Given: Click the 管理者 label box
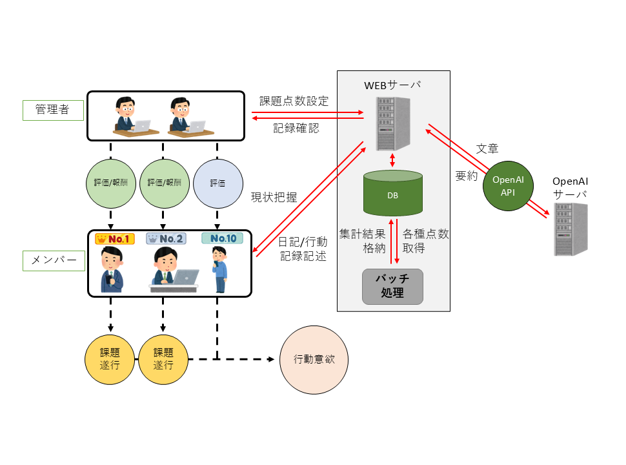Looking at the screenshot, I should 54,110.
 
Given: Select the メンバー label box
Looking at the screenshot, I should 54,260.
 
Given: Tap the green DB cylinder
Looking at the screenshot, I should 392,193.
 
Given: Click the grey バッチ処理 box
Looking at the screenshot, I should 392,286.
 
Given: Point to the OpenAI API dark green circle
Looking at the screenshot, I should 508,186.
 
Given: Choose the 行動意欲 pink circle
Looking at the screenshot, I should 312,360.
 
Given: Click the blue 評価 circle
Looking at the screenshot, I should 218,183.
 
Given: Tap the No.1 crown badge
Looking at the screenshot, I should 115,239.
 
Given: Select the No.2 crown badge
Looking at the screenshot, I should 166,239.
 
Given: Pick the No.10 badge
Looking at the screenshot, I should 223,239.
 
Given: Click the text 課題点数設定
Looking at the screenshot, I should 294,101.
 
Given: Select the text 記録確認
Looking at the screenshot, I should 296,128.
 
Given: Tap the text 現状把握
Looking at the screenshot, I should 274,198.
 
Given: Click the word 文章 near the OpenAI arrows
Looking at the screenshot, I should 487,149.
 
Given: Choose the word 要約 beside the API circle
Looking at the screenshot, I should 467,176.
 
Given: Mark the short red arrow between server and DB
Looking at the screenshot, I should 392,161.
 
